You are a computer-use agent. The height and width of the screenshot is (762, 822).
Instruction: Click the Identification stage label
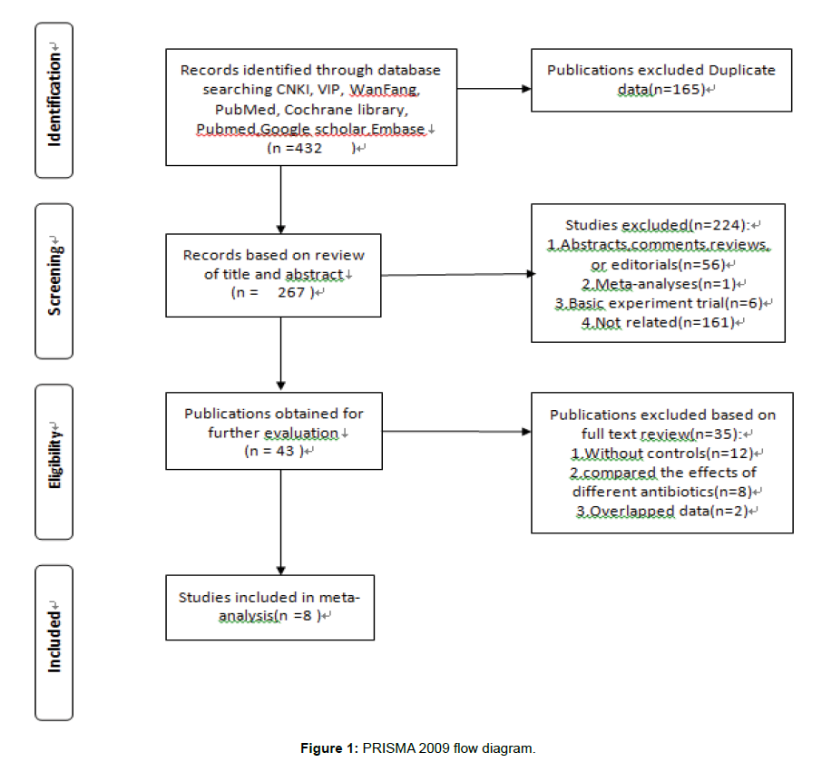54,95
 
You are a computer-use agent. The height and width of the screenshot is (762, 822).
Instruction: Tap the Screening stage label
54,276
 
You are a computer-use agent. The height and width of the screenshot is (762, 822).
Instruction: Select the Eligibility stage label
54,456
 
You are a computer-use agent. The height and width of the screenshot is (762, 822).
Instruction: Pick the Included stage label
54,638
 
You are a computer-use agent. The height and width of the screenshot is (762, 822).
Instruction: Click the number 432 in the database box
308,148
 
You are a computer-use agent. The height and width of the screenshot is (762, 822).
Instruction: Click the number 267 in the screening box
291,292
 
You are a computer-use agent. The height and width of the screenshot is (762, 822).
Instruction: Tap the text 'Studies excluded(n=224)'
657,225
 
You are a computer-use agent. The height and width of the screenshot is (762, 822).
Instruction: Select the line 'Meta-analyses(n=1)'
659,284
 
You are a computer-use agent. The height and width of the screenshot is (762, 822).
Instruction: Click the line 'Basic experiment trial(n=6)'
659,303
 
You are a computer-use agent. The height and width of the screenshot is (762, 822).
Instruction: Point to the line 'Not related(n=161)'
658,322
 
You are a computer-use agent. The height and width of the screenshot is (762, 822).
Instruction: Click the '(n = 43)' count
274,451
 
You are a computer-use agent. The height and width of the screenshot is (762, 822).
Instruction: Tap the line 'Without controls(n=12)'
662,454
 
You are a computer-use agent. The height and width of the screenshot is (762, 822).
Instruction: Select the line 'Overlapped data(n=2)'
662,511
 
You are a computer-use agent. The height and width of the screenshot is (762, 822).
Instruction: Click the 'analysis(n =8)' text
269,615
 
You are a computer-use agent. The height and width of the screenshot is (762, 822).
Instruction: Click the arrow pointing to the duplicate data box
494,89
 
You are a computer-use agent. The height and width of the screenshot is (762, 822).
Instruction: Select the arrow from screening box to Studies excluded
458,274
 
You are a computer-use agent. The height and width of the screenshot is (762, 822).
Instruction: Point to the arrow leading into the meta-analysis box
281,522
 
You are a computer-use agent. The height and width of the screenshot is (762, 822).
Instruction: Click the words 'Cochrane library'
346,110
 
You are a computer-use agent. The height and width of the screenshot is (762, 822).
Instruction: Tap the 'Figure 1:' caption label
329,747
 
